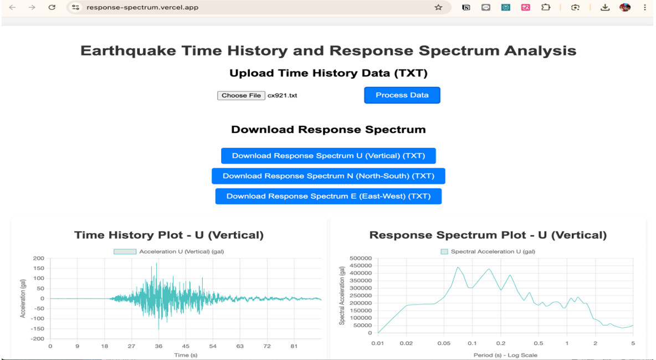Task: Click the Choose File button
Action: tap(241, 95)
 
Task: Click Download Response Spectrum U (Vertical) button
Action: tap(329, 156)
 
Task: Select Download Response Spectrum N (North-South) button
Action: tap(329, 176)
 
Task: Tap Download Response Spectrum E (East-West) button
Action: tap(329, 196)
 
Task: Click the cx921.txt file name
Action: tap(283, 95)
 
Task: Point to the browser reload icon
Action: tap(52, 7)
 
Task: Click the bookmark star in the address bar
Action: tap(438, 7)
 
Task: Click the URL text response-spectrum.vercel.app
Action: tap(142, 8)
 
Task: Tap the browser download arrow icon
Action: tap(605, 7)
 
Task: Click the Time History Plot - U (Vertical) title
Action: tap(169, 235)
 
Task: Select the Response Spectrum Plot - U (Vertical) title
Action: tap(488, 235)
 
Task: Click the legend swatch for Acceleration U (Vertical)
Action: tap(125, 251)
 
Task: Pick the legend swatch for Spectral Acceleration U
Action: tap(444, 251)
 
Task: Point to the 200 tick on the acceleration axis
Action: tap(38, 259)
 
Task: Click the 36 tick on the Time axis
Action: tap(158, 346)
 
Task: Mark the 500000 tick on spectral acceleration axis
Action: tap(361, 259)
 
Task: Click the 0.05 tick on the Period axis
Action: tap(444, 343)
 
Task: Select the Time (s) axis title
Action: tap(186, 355)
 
